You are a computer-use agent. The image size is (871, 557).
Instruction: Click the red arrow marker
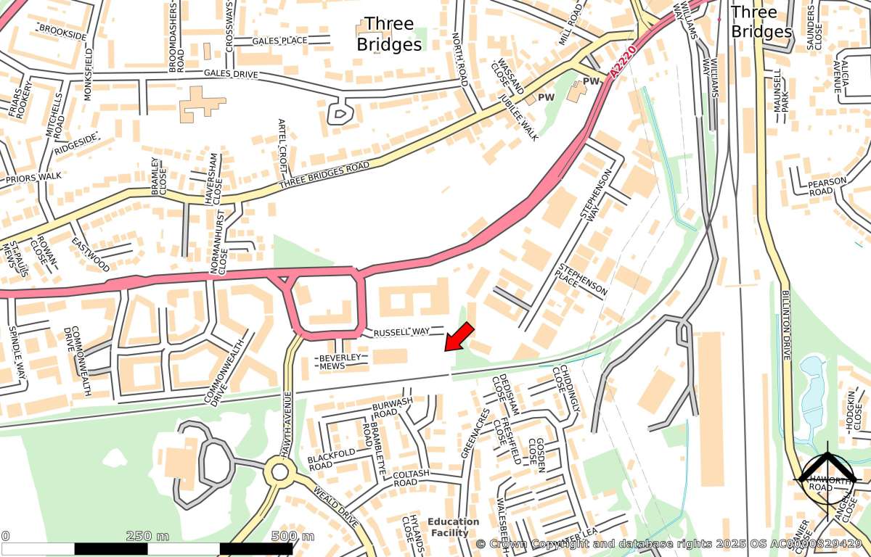[x=459, y=337]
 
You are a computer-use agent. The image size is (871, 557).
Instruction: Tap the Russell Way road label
[x=401, y=332]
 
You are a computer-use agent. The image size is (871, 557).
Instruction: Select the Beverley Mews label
[x=340, y=362]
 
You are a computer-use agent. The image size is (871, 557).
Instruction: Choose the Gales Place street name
[x=279, y=41]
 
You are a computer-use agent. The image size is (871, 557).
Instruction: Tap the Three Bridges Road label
[x=324, y=177]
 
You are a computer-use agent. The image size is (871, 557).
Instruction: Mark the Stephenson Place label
[x=582, y=276]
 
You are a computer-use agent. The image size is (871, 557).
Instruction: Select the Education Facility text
[x=453, y=527]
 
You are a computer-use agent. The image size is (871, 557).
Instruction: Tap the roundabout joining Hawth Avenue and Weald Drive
[x=279, y=473]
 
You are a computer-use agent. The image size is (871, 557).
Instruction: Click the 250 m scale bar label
[x=147, y=536]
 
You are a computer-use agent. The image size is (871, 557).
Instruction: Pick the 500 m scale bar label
[x=293, y=536]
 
